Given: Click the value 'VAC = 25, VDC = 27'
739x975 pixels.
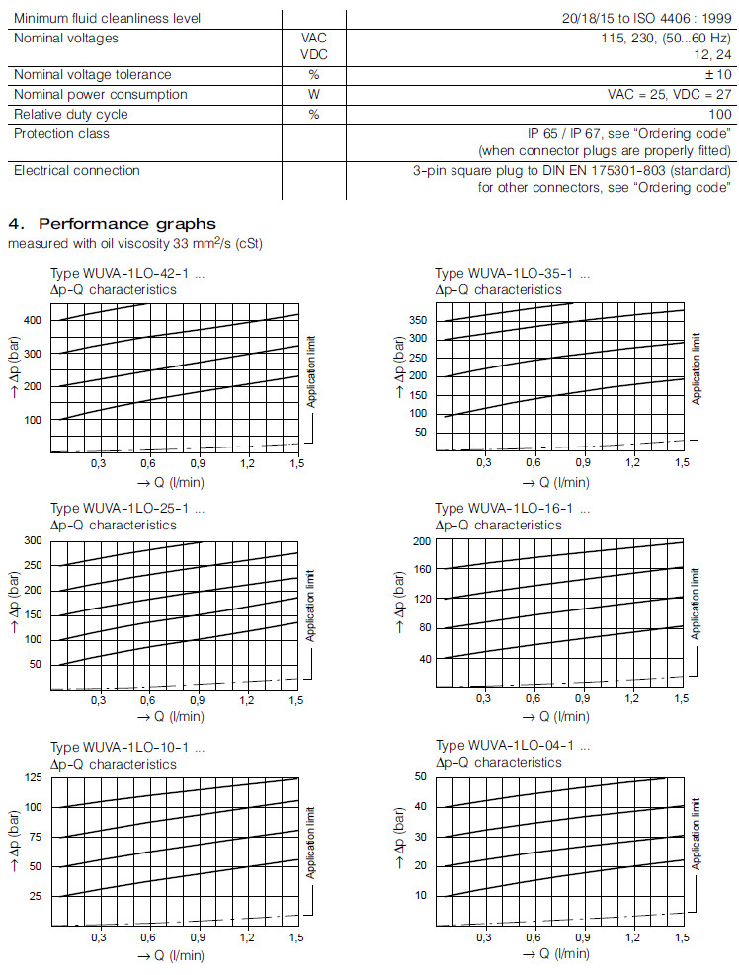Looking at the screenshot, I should point(669,95).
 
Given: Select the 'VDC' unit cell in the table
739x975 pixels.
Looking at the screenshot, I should point(313,55).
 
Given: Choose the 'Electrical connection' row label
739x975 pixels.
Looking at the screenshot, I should point(77,170).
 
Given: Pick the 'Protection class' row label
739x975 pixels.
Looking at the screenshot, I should point(61,133).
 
